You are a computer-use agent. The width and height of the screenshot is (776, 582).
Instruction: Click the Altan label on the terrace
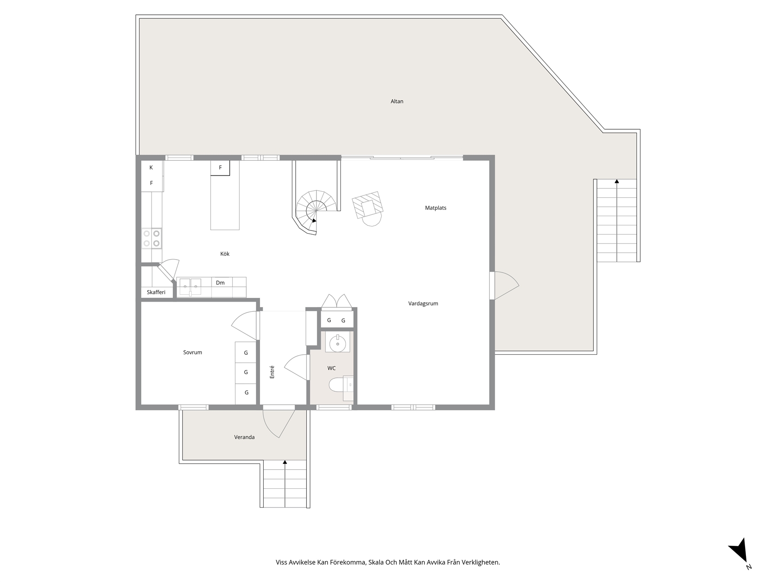(397, 102)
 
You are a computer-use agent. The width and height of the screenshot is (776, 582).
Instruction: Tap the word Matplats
(436, 208)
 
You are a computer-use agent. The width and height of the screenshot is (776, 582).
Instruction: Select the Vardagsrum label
(423, 303)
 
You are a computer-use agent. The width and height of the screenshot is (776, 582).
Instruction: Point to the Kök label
(225, 254)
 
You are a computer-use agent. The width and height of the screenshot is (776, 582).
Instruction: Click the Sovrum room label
(193, 352)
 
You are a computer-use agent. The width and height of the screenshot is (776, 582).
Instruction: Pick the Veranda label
(244, 437)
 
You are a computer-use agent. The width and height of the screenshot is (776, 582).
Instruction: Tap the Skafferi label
(156, 292)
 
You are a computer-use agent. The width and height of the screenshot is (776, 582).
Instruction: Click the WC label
(331, 368)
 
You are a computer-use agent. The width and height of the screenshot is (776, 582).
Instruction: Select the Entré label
(272, 372)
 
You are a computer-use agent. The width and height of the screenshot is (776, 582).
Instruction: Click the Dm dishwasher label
(220, 283)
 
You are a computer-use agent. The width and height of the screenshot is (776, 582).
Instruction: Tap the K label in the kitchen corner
(151, 168)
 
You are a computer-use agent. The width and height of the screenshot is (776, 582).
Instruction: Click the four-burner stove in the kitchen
(152, 238)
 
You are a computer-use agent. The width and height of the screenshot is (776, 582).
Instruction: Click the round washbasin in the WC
(338, 343)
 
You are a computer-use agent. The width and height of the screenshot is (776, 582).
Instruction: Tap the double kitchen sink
(190, 286)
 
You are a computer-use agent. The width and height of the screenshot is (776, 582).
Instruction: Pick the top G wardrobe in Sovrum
(246, 352)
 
